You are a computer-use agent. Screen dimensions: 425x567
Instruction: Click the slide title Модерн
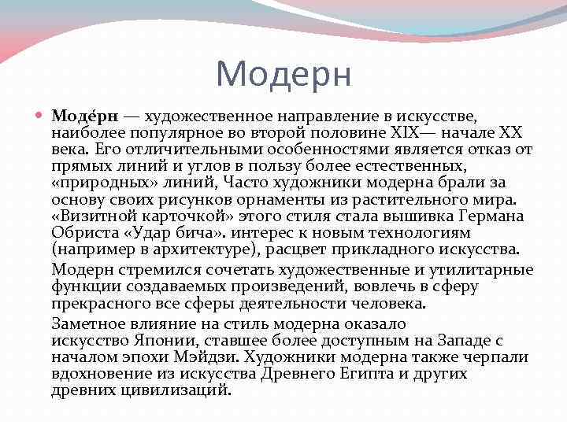283,74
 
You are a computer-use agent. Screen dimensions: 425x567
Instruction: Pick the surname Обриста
83,232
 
